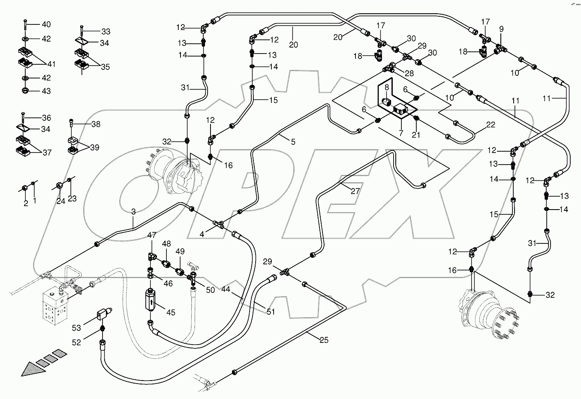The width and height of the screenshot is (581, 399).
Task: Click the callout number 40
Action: point(46,24)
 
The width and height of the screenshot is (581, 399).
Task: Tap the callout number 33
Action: point(105,32)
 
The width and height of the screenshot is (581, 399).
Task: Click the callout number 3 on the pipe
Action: point(133,212)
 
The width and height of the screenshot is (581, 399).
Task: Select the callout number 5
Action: point(293,142)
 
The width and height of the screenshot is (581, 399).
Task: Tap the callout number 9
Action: point(501,29)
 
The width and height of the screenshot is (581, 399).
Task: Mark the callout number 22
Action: point(491,125)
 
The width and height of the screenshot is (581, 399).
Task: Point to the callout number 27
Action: point(355,191)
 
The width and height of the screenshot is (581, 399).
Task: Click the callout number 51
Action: point(271,312)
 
